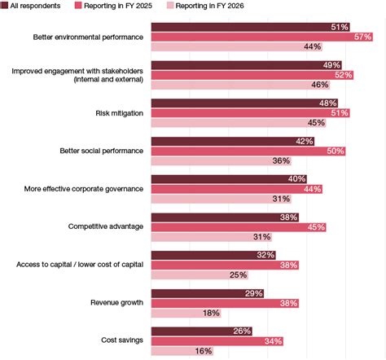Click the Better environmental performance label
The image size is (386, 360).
[89, 37]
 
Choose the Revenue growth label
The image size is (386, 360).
[119, 302]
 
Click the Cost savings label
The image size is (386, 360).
[124, 340]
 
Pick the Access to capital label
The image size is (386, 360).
[81, 265]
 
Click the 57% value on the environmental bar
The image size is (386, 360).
[362, 37]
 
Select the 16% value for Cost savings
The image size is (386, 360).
[203, 351]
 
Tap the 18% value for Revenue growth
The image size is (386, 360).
[211, 313]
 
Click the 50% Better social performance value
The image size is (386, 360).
[335, 151]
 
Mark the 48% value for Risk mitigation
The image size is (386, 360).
[327, 103]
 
